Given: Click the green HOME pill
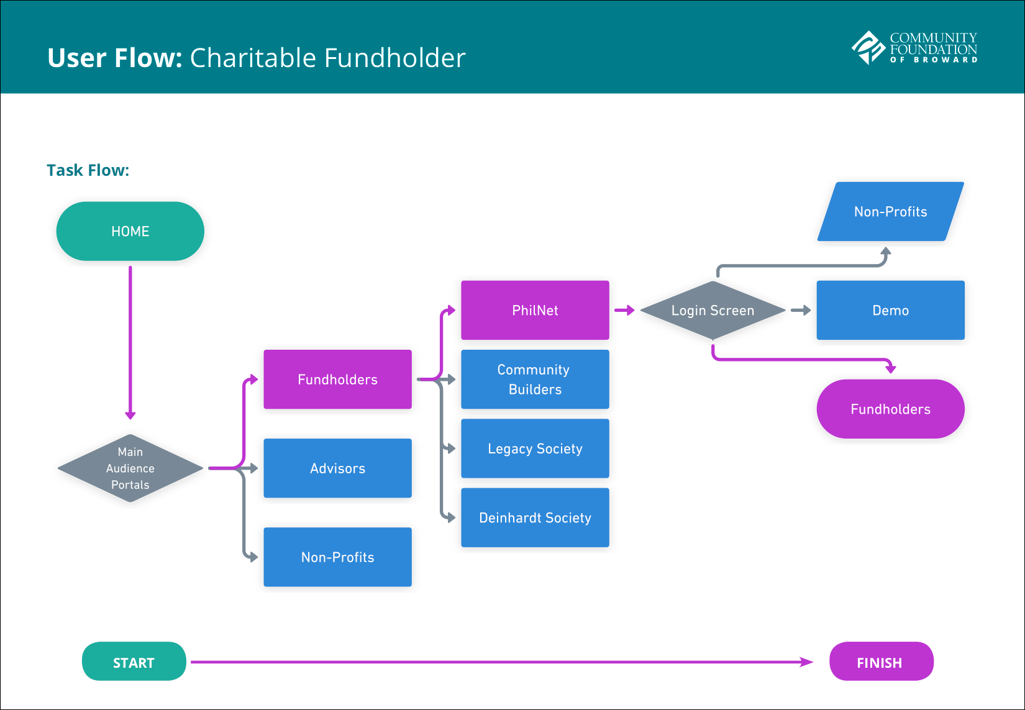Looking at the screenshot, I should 130,231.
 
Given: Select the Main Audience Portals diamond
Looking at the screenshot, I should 130,468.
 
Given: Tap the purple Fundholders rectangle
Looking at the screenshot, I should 337,379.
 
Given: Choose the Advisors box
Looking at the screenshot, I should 337,468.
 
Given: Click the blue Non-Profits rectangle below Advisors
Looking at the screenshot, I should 337,557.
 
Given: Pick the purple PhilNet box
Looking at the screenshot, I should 535,310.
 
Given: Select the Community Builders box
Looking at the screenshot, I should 535,379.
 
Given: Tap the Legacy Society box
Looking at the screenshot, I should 535,448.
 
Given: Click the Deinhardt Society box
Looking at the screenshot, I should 535,517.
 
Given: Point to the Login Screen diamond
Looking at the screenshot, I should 713,310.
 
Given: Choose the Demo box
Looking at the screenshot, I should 890,310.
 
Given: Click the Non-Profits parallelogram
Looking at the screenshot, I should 890,211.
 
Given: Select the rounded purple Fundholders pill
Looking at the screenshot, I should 890,409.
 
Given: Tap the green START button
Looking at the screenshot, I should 134,662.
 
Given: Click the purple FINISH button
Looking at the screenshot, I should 881,662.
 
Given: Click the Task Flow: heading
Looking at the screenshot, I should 88,170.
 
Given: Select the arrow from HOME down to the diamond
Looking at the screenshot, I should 130,342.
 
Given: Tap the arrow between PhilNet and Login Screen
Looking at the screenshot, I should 624,310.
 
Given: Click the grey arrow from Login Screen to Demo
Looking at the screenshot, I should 801,310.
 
